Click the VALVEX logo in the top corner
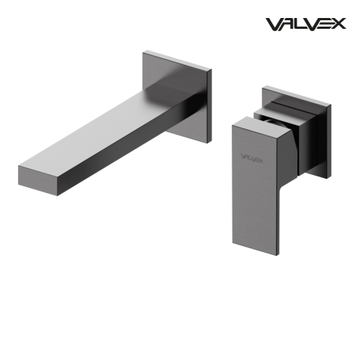[305, 24]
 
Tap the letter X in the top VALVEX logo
[339, 24]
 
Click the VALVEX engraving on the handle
[252, 159]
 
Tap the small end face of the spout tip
[37, 181]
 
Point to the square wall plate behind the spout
[177, 96]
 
